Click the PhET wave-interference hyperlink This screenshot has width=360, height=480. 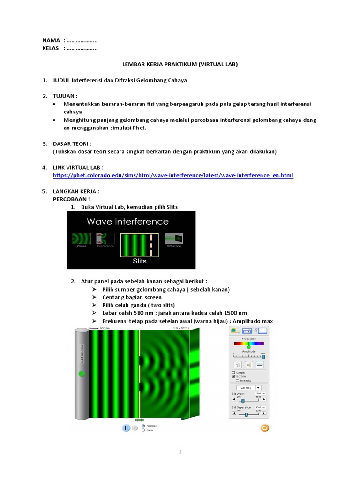(173, 175)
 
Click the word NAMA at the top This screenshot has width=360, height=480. (51, 41)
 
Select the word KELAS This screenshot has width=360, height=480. (51, 49)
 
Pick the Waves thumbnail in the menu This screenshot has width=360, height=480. (81, 240)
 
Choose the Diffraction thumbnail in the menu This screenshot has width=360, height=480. (174, 240)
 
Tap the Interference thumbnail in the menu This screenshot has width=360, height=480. (105, 240)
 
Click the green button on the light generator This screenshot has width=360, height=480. (82, 374)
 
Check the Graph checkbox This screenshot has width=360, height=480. (233, 372)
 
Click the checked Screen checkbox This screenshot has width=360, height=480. (233, 376)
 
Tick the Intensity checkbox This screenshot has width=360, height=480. (237, 380)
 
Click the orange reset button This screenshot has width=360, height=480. (264, 427)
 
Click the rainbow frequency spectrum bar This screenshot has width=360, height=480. (249, 343)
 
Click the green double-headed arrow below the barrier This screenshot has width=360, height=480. (140, 420)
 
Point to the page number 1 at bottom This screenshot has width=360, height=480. (180, 452)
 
